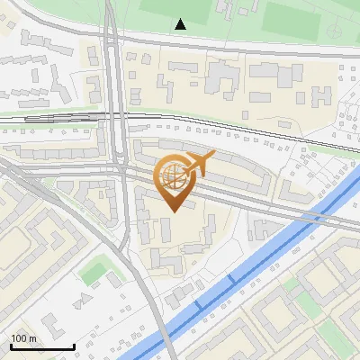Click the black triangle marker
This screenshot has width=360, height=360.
click(x=181, y=23)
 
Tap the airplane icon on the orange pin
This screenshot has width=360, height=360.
click(x=199, y=164)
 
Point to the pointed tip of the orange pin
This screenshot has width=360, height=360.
click(x=171, y=211)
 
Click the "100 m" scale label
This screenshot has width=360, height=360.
click(x=23, y=338)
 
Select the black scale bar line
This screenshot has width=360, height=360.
click(x=41, y=346)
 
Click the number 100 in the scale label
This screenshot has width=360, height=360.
click(x=19, y=338)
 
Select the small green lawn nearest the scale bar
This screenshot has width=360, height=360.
click(x=93, y=270)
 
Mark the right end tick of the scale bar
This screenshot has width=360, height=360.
click(x=74, y=345)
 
